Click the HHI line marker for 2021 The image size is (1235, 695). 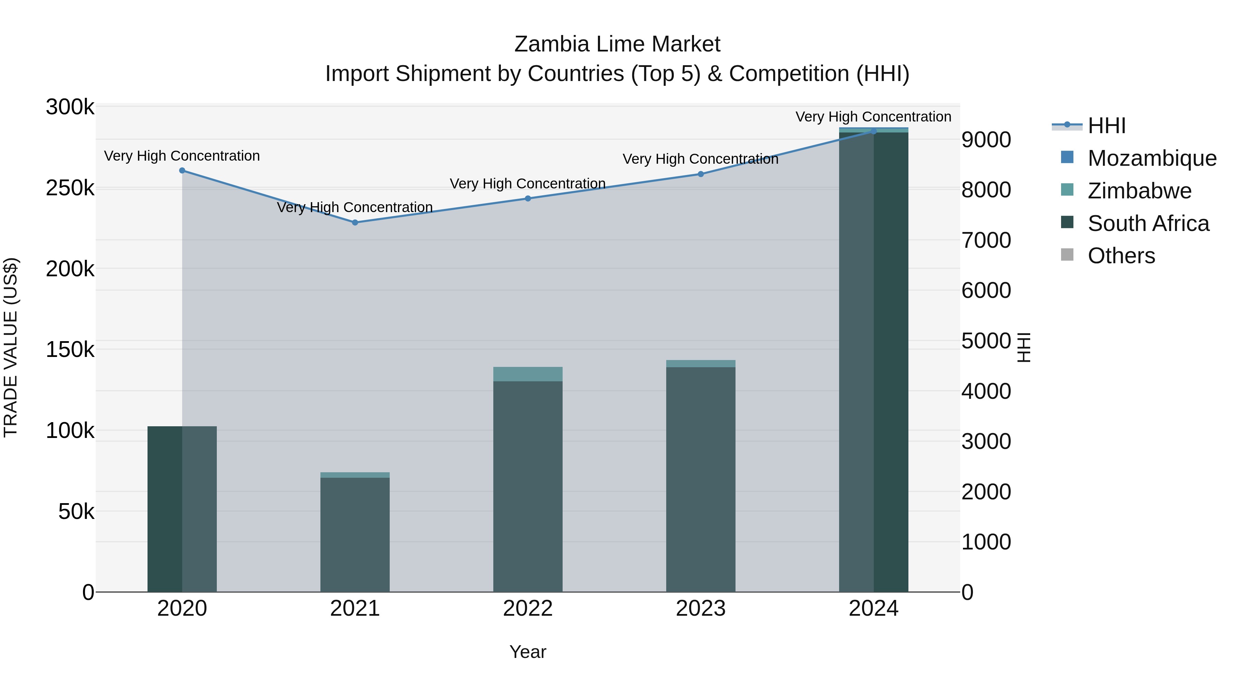click(x=355, y=222)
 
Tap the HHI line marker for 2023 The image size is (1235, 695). click(x=701, y=174)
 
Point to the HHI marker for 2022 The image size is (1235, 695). click(x=528, y=199)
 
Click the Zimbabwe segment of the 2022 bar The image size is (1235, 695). click(x=528, y=374)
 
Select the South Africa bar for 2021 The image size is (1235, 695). click(x=355, y=535)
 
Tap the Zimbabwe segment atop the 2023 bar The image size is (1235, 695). click(x=701, y=363)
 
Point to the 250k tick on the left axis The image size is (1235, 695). click(x=70, y=188)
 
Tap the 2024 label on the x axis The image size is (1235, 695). click(x=873, y=609)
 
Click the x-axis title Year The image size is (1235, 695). click(x=528, y=652)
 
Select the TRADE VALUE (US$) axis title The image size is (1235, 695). click(x=11, y=348)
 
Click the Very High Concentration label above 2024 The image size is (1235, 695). click(x=873, y=117)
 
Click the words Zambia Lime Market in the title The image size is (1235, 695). click(x=617, y=44)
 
